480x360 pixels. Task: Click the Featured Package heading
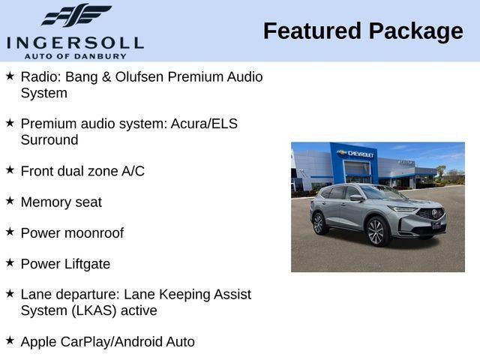(363, 31)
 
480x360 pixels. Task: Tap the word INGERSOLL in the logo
(74, 42)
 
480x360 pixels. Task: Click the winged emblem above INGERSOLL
(76, 15)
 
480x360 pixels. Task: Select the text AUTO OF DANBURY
(75, 56)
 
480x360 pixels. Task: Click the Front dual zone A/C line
(82, 171)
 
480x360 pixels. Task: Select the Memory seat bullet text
(61, 202)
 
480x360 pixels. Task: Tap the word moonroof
(94, 233)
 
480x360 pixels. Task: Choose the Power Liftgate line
(65, 264)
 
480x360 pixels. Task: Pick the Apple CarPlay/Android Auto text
(107, 342)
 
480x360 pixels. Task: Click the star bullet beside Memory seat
(10, 200)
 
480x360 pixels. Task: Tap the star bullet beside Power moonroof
(10, 232)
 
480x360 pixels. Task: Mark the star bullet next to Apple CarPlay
(10, 340)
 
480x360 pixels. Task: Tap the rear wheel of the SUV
(318, 223)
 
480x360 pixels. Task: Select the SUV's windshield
(383, 193)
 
